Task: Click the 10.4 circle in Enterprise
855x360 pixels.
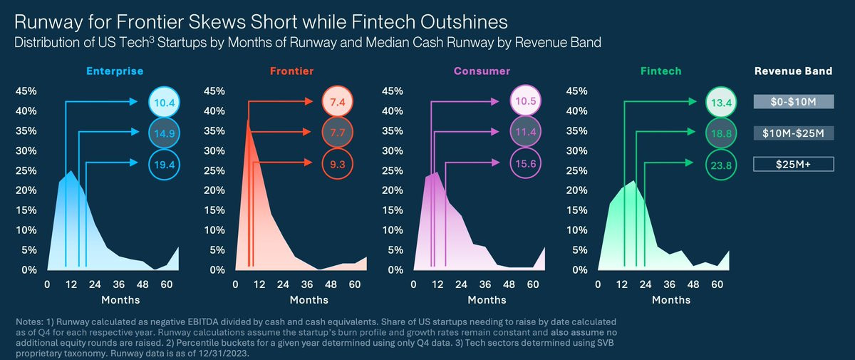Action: click(x=165, y=103)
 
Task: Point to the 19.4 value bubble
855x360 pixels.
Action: click(x=165, y=164)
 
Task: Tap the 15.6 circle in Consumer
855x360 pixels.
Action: click(x=526, y=164)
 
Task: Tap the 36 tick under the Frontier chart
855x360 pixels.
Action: click(x=293, y=284)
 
